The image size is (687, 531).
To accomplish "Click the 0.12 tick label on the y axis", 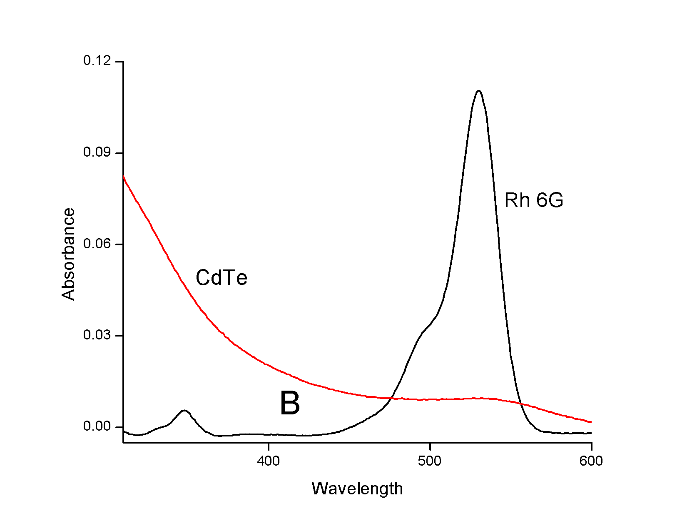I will pos(97,61).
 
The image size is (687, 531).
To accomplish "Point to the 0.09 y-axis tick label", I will pos(97,152).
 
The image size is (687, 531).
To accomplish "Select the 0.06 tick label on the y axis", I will pos(97,244).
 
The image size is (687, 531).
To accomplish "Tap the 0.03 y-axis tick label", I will pos(97,335).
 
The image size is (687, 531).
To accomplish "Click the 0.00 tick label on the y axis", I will pos(97,426).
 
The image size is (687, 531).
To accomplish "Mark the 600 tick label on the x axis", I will pos(591,461).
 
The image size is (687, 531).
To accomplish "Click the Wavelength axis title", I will pos(357,489).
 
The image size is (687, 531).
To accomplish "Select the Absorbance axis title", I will pos(69,254).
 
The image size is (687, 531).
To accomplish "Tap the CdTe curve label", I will pos(222,278).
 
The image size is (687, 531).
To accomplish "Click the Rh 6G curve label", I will pos(534,200).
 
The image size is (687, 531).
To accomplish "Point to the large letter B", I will pos(290,404).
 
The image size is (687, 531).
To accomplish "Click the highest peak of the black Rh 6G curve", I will pos(479,91).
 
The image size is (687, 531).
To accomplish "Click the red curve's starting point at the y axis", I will pos(124,176).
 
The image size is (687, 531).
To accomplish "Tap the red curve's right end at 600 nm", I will pos(591,422).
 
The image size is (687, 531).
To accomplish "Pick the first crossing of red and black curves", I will pos(391,398).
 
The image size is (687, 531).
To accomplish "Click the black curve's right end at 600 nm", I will pos(591,433).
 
